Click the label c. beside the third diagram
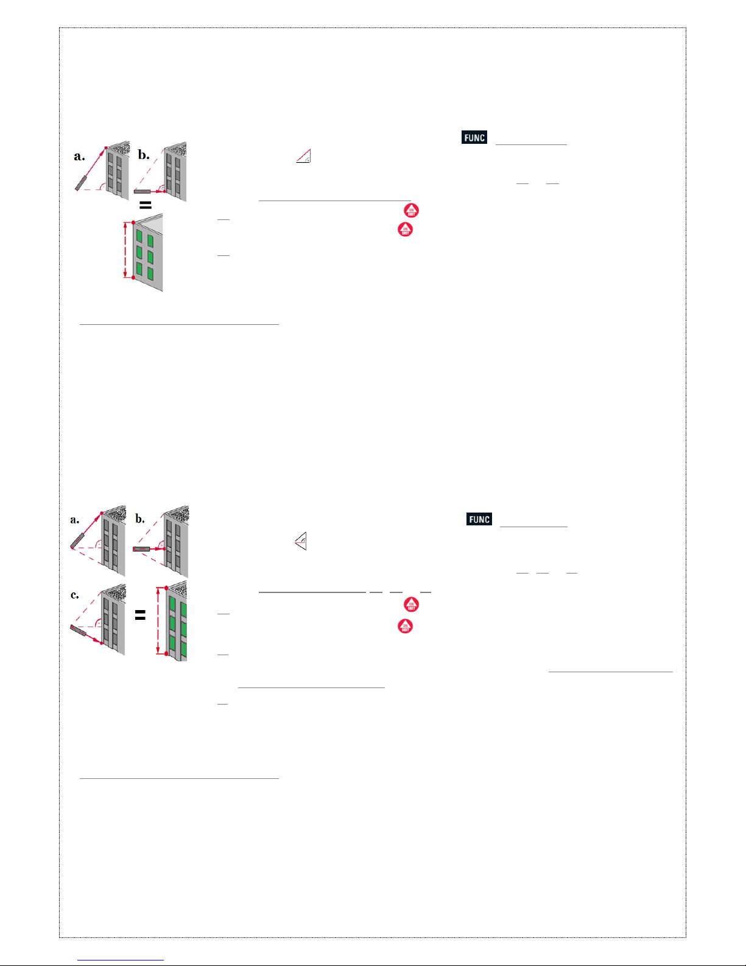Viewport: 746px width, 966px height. [x=74, y=595]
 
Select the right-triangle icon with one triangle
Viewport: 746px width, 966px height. [x=304, y=156]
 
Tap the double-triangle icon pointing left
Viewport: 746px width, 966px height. [x=301, y=541]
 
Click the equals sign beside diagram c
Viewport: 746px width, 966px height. [x=140, y=615]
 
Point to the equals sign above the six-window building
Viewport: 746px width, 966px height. [x=146, y=205]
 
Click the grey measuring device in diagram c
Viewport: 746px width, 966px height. [x=78, y=630]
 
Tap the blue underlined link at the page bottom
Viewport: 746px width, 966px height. [x=121, y=961]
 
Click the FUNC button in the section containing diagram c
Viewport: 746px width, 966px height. [x=479, y=519]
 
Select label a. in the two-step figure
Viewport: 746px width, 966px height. [x=79, y=156]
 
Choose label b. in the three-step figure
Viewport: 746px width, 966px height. [x=140, y=519]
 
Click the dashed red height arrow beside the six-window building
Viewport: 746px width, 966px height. [x=125, y=250]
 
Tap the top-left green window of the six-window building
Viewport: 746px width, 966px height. [x=139, y=235]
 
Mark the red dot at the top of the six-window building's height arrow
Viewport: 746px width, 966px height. [x=133, y=222]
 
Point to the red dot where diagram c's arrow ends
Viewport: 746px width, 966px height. [x=101, y=643]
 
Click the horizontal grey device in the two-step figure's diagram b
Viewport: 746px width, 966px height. [x=143, y=191]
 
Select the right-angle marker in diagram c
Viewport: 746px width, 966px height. [x=99, y=623]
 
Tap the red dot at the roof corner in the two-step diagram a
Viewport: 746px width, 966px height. [x=106, y=147]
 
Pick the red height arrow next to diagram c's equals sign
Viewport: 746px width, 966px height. [x=158, y=621]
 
